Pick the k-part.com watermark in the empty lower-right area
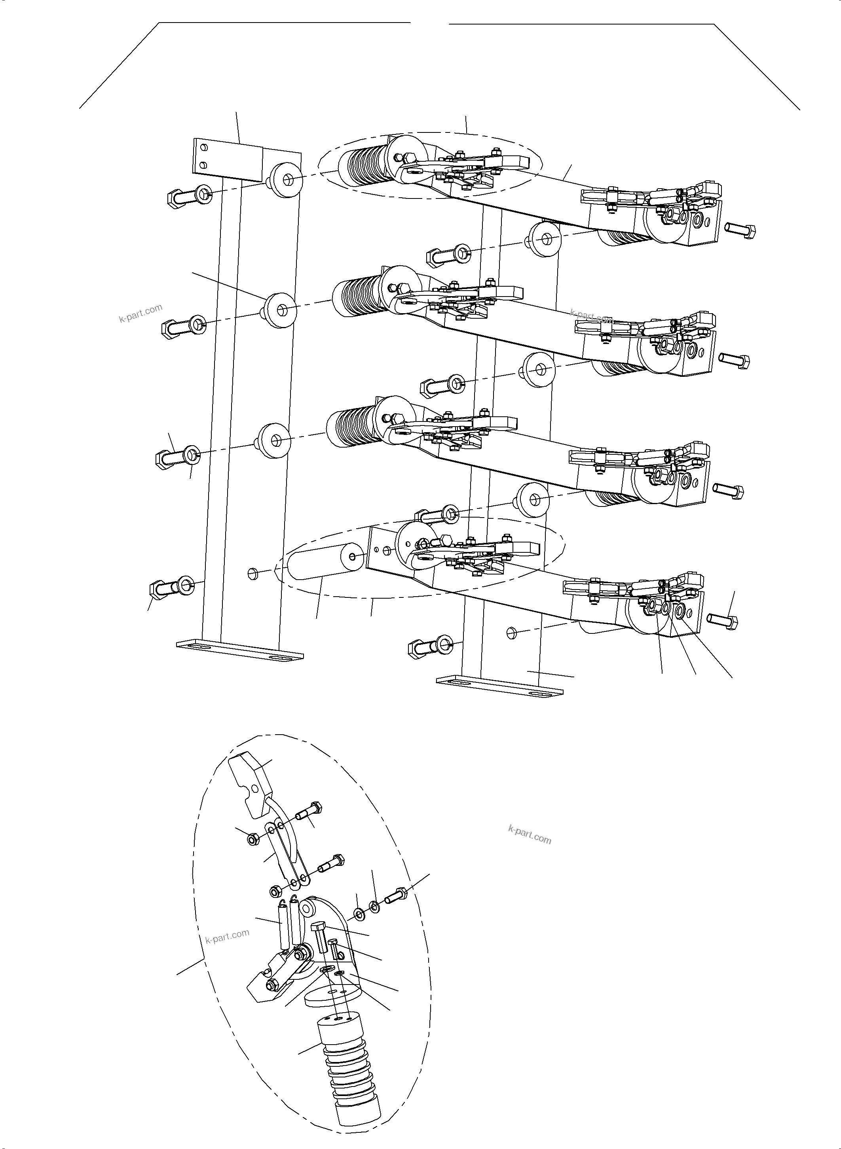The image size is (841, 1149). (x=530, y=835)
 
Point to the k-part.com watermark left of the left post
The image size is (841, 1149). (x=140, y=313)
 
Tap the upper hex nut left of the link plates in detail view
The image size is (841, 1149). (x=252, y=840)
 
